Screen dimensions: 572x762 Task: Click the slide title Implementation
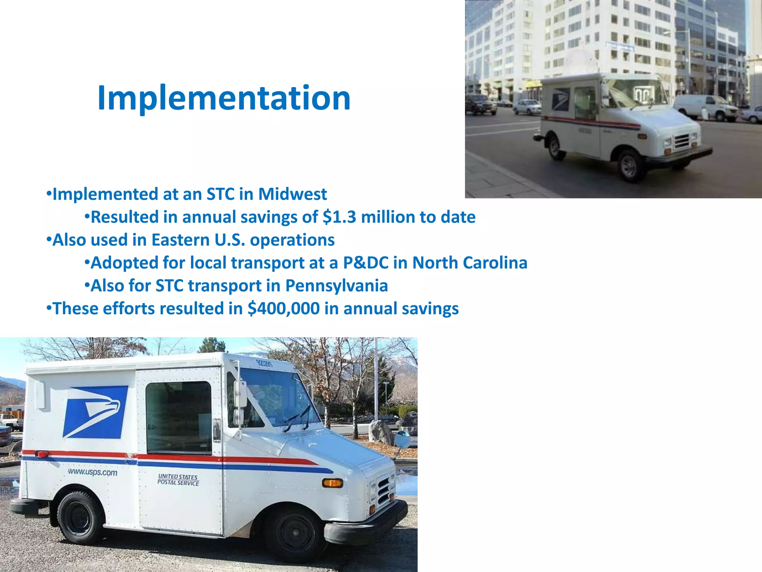coord(224,98)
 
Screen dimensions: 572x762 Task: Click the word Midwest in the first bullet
coord(292,194)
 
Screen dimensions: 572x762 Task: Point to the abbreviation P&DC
coord(365,263)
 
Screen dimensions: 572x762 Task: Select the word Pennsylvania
coord(336,286)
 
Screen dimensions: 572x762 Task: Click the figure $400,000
coord(284,309)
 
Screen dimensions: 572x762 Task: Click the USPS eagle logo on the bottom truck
coord(95,411)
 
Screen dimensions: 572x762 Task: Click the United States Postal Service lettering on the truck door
coord(178,480)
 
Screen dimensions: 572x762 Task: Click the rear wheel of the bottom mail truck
coord(79,518)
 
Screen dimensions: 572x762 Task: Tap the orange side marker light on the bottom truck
coord(332,483)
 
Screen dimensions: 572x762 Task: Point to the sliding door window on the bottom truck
coord(179,417)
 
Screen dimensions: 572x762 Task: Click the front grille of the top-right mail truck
coord(682,141)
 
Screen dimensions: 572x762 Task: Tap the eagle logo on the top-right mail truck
coord(561,99)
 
